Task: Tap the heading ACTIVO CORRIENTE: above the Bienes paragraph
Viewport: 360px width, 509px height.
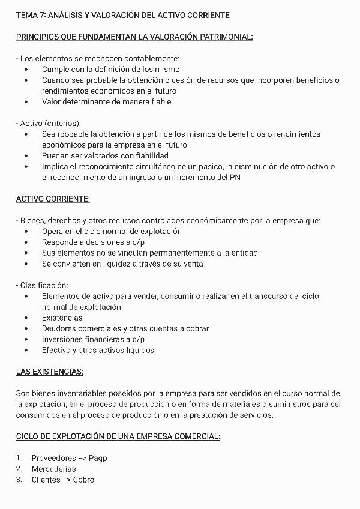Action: click(53, 199)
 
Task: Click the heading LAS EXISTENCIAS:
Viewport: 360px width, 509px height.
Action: click(49, 372)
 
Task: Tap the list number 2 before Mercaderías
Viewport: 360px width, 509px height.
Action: click(19, 469)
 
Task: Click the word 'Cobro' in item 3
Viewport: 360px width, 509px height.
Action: click(83, 480)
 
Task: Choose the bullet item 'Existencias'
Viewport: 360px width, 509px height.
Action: click(62, 318)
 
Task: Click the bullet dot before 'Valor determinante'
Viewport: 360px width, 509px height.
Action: click(26, 102)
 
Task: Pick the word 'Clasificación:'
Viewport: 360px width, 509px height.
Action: click(44, 285)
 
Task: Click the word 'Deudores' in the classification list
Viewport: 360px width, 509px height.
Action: click(59, 328)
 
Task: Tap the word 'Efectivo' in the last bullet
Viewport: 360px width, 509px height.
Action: click(57, 350)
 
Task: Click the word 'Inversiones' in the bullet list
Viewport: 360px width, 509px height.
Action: click(63, 339)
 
